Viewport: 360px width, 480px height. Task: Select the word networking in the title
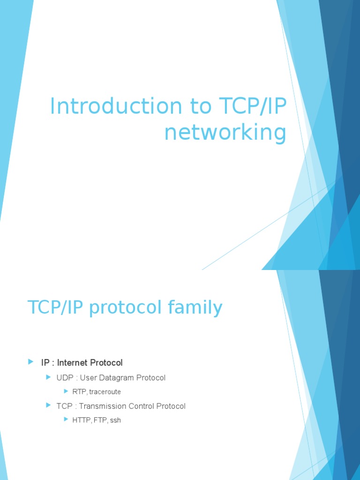click(x=225, y=133)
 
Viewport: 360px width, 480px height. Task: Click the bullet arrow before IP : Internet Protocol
click(x=31, y=362)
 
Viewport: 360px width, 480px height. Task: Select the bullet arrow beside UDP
click(x=48, y=377)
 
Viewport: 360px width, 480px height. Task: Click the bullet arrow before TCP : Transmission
click(x=48, y=405)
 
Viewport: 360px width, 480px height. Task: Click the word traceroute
click(x=105, y=392)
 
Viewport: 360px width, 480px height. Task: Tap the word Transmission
click(x=107, y=406)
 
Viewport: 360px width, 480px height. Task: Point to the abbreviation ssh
click(x=115, y=420)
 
